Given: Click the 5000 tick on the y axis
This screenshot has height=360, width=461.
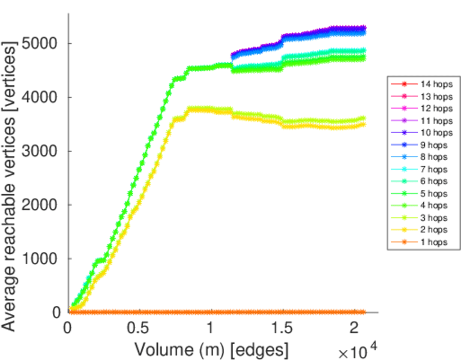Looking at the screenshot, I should click(40, 44).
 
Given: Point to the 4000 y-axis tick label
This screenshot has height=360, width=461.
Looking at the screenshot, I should click(40, 97).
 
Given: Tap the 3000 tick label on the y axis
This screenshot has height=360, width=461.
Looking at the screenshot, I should click(40, 151).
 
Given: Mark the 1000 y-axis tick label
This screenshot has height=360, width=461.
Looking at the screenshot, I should click(40, 259).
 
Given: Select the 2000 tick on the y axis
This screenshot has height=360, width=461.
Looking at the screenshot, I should click(40, 205).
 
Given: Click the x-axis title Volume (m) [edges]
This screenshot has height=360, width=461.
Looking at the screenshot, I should click(211, 348).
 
